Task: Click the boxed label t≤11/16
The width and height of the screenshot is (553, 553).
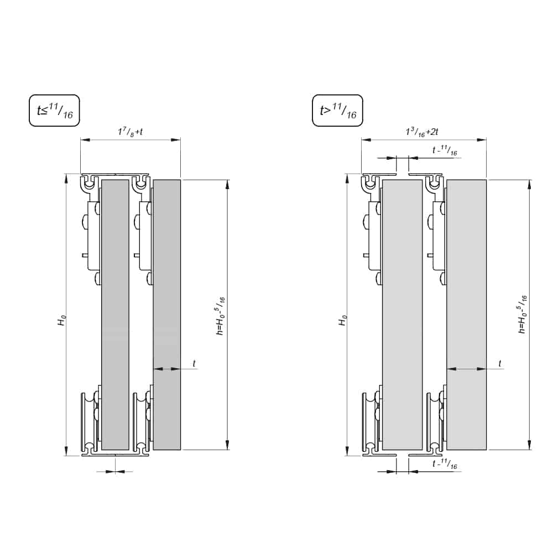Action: click(54, 111)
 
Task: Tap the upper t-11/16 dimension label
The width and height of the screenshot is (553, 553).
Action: click(445, 151)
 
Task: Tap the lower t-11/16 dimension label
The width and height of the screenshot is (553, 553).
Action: click(445, 465)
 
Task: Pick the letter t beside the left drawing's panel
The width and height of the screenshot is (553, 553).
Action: click(194, 363)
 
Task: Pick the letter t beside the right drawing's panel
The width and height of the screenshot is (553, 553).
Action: click(500, 363)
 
